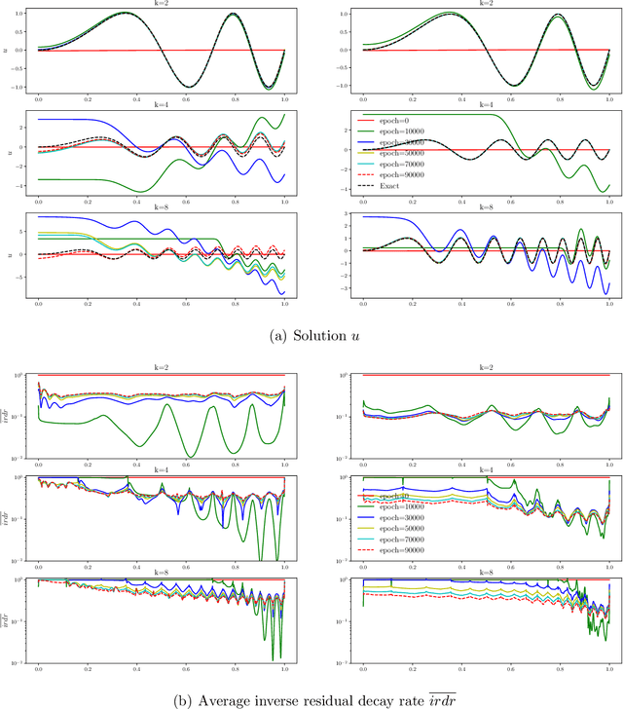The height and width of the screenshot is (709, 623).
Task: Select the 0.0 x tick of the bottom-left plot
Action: (38, 672)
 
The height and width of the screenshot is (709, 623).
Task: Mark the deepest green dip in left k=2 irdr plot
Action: (190, 456)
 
